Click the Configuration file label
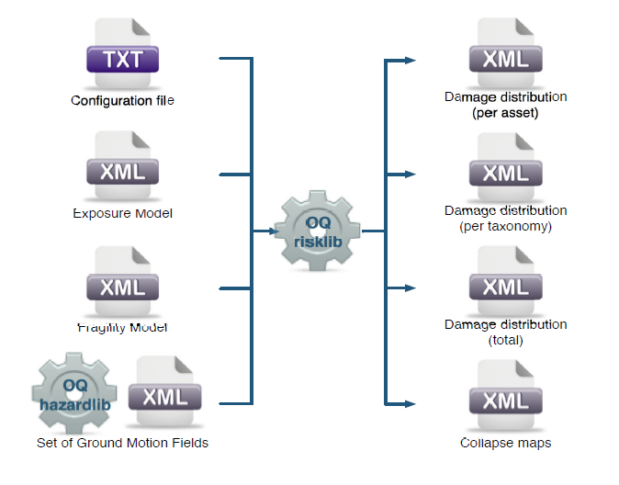[122, 100]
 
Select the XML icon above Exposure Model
[122, 166]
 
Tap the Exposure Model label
[122, 214]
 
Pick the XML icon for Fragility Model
[122, 281]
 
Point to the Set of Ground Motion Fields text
[122, 443]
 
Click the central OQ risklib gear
[317, 231]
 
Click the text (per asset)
[505, 113]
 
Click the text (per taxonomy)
[505, 226]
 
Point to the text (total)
[505, 340]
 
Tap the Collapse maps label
[505, 443]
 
